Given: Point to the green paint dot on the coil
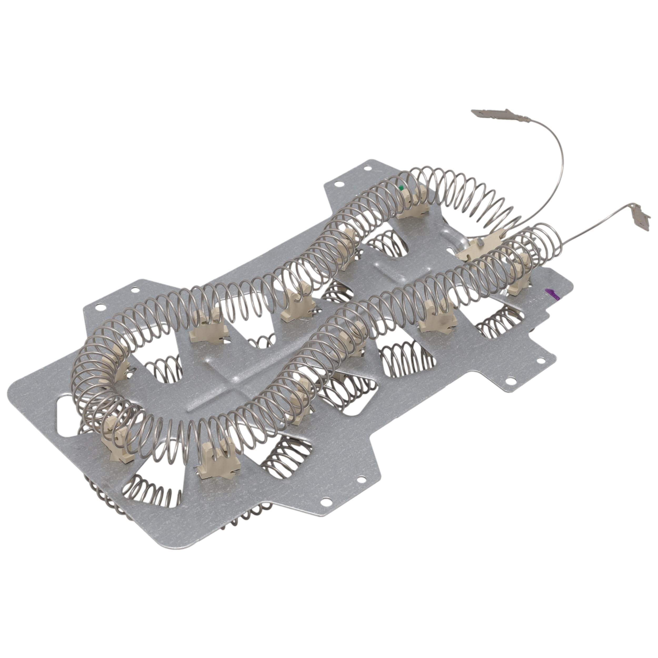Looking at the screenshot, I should tap(402, 187).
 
